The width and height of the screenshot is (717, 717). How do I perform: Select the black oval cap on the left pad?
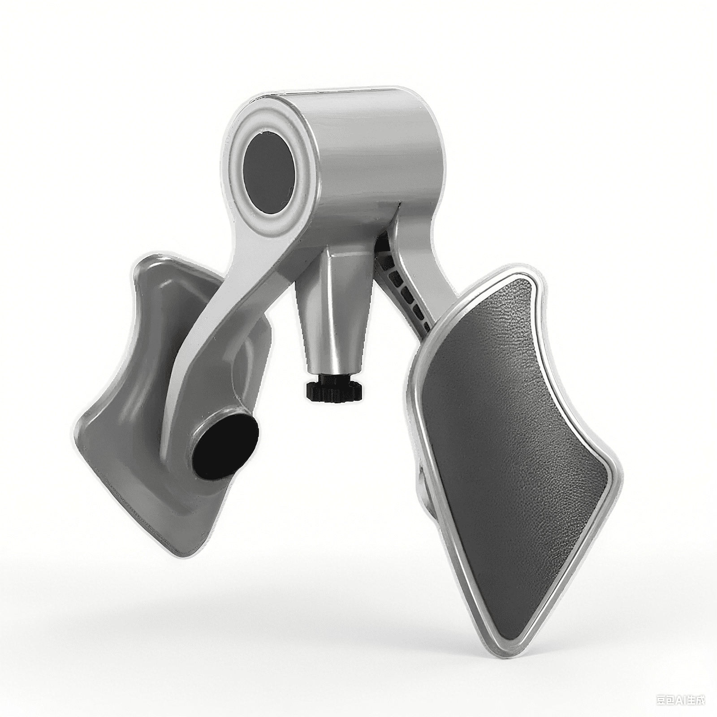tap(226, 446)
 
